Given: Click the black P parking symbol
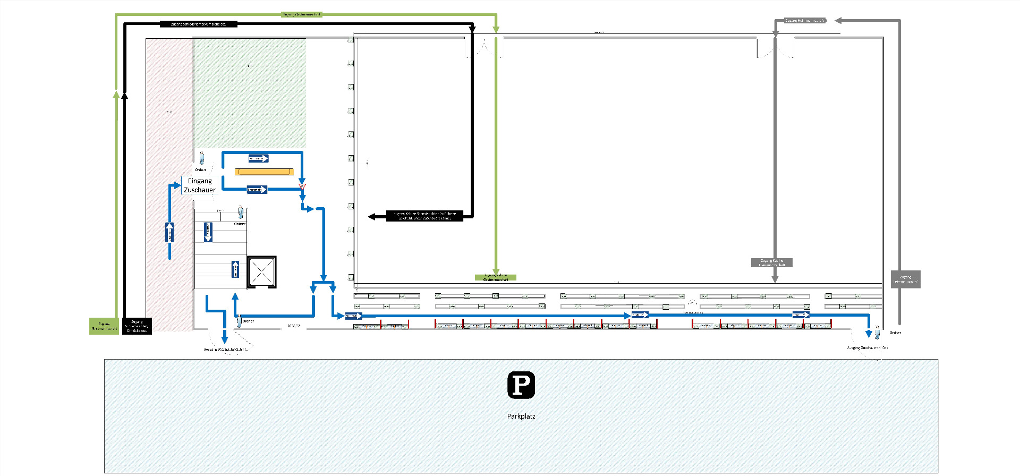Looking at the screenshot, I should click(521, 385).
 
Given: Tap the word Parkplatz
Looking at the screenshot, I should click(521, 416).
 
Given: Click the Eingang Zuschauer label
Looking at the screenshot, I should click(200, 185).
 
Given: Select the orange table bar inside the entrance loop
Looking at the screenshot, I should click(264, 172).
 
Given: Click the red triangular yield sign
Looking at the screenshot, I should click(302, 186).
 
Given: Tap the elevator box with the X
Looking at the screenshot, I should click(261, 272).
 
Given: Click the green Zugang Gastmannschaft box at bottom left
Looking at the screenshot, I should click(104, 326).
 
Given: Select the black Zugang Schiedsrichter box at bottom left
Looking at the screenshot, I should click(137, 326).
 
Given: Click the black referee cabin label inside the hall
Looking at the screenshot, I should click(424, 216).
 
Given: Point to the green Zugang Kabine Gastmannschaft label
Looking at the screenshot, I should click(495, 277).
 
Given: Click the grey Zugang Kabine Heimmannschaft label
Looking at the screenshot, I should click(771, 262).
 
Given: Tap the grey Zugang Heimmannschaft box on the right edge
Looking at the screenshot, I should click(905, 279).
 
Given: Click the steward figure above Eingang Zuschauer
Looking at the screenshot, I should click(201, 158).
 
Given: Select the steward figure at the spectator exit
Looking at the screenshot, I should click(877, 331).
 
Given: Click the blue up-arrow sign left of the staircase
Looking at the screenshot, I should click(169, 232).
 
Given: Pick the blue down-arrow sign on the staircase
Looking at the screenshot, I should click(208, 232).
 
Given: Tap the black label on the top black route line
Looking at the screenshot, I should click(198, 24).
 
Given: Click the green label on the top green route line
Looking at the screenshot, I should click(301, 14).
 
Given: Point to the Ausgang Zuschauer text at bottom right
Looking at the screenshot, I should click(867, 347).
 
